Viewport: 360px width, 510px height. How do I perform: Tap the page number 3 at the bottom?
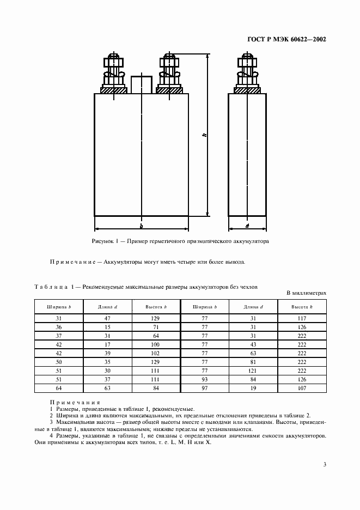(324, 464)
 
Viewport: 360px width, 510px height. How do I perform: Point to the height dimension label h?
(203, 135)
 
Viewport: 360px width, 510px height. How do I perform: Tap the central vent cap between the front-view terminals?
(141, 84)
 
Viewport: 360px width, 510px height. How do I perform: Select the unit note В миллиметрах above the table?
(306, 293)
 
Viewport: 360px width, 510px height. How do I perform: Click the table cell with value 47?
(108, 318)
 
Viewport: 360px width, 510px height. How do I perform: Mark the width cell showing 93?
(205, 379)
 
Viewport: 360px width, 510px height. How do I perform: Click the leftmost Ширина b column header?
(59, 307)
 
